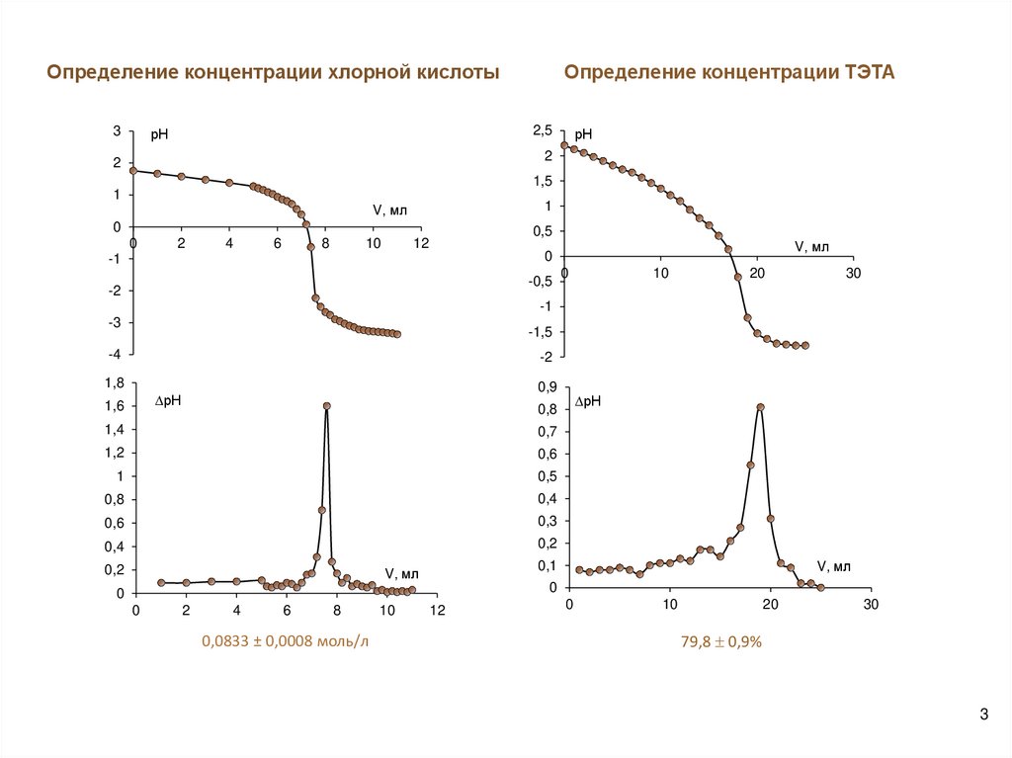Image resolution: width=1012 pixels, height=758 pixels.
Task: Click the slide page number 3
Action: point(983,715)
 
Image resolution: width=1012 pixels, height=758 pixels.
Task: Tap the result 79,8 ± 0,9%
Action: point(719,641)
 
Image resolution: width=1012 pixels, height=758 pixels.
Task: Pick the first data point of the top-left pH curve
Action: point(133,170)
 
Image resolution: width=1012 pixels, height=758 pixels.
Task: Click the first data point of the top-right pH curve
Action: point(564,145)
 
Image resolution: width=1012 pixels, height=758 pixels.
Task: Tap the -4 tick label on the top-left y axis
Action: point(117,354)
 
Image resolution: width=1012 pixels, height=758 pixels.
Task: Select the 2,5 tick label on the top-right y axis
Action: point(544,130)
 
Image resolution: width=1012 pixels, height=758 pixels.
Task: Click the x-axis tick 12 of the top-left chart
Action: point(421,243)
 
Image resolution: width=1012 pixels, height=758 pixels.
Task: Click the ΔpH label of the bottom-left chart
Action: point(171,400)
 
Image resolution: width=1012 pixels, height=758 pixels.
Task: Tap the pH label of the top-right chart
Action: point(583,134)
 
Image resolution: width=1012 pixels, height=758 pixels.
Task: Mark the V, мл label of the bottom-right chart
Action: point(834,565)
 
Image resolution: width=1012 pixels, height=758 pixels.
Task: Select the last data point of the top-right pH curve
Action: point(804,345)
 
